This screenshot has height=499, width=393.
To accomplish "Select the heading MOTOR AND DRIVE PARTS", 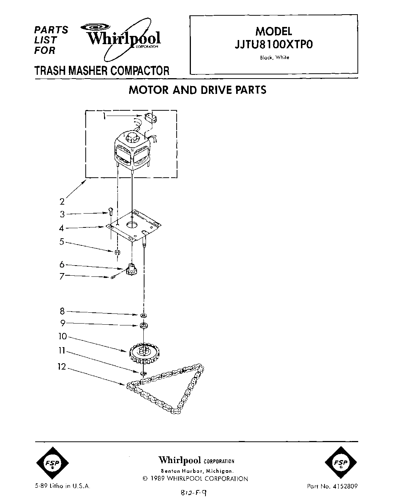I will pos(197,90).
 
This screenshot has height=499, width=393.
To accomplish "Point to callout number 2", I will pos(62,202).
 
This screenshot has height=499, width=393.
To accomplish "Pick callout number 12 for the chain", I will pos(61,367).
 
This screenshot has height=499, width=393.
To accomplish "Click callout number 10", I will pos(62,337).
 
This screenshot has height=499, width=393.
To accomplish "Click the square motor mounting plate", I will pos(135,226).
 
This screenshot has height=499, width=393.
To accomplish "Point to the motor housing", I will pos(133,150).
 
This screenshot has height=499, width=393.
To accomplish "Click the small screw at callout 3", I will pos(111,211).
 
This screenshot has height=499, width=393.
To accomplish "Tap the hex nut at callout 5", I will pos(116,252).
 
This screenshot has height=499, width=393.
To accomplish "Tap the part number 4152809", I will pos(345,487).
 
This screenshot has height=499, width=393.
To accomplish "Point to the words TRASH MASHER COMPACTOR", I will pos(102,70).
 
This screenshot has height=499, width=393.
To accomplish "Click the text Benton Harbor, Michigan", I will pos(197,471).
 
